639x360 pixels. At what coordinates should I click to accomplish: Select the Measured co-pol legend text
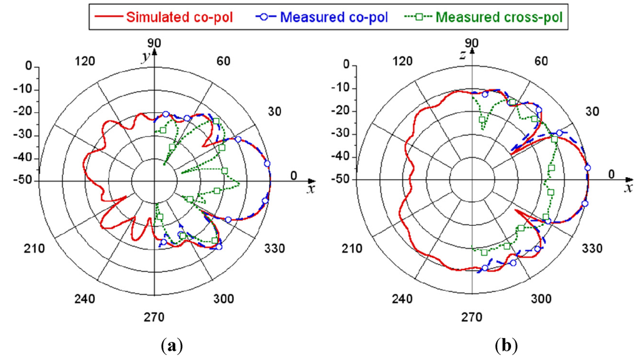(334, 17)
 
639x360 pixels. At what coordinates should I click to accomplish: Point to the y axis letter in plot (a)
(144, 57)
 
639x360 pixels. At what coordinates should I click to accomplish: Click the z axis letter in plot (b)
(463, 57)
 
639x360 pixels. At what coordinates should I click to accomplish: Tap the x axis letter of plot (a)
(310, 189)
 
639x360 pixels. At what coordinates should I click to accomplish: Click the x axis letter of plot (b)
(628, 189)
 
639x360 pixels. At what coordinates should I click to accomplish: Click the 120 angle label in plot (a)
(85, 61)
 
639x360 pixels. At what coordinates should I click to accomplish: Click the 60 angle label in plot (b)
(541, 61)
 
